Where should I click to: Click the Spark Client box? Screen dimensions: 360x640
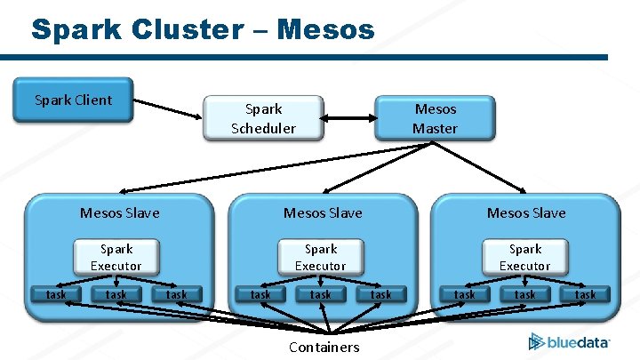tap(73, 100)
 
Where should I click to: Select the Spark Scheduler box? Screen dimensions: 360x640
tap(263, 118)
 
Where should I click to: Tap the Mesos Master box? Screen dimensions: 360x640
tap(435, 118)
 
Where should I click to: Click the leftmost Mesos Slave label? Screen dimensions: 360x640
tap(119, 213)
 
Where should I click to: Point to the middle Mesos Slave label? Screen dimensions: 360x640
tap(323, 213)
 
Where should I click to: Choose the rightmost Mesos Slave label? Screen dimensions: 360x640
tap(525, 213)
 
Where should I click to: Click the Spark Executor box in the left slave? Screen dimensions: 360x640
tap(116, 257)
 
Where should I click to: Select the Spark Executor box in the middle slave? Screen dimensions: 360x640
tap(320, 257)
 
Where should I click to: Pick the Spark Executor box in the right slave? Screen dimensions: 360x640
tap(524, 257)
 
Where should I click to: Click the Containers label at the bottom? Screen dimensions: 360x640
tap(324, 347)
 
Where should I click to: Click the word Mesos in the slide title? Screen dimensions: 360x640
tap(325, 29)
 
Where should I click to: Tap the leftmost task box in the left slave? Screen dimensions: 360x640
tap(56, 294)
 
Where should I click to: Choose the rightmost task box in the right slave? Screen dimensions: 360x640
tap(585, 294)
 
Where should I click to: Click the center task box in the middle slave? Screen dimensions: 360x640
tap(320, 294)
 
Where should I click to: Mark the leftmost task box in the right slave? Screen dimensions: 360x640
tap(465, 294)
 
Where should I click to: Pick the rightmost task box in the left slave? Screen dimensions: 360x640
tap(177, 294)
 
